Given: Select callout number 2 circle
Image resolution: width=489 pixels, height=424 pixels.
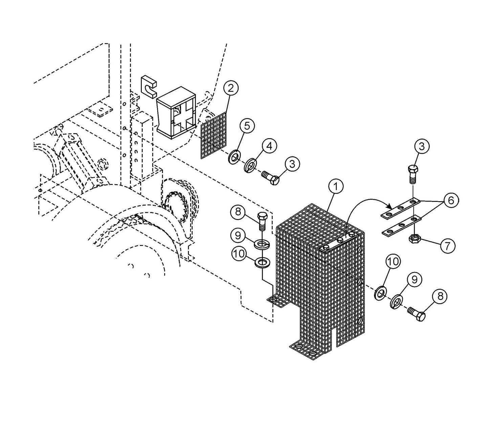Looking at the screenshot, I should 230,89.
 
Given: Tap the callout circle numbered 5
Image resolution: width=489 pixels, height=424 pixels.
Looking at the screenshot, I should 247,126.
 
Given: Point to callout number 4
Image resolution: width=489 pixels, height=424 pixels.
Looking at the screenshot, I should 269,146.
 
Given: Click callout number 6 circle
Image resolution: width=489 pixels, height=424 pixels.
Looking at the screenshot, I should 451,200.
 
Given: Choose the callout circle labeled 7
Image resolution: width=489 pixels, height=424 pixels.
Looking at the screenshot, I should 447,246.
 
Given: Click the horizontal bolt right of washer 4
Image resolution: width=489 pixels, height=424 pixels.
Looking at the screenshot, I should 271,178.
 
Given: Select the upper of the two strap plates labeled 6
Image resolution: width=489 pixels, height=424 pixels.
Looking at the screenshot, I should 400,209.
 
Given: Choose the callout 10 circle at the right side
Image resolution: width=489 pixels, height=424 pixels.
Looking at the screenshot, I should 393,261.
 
